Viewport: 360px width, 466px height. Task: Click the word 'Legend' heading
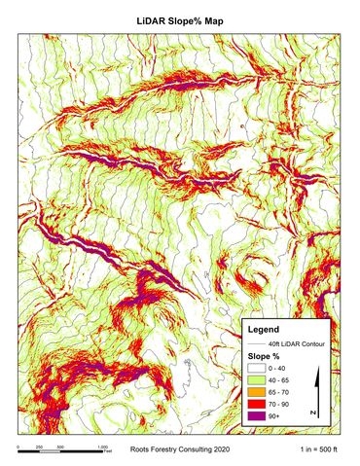coord(264,328)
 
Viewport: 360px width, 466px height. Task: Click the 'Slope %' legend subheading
coord(263,357)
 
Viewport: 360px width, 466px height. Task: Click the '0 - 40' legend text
coord(278,370)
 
